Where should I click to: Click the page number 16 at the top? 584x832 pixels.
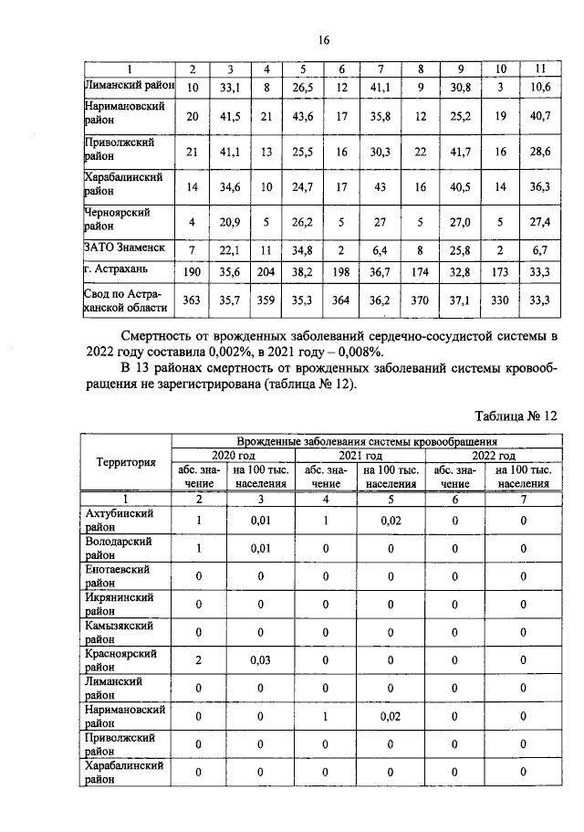(323, 39)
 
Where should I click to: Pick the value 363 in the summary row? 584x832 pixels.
(193, 298)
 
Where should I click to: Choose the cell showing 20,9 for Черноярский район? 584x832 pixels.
(230, 221)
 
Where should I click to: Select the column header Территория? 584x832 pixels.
(126, 462)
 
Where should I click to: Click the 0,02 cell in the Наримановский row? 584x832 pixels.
(391, 717)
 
